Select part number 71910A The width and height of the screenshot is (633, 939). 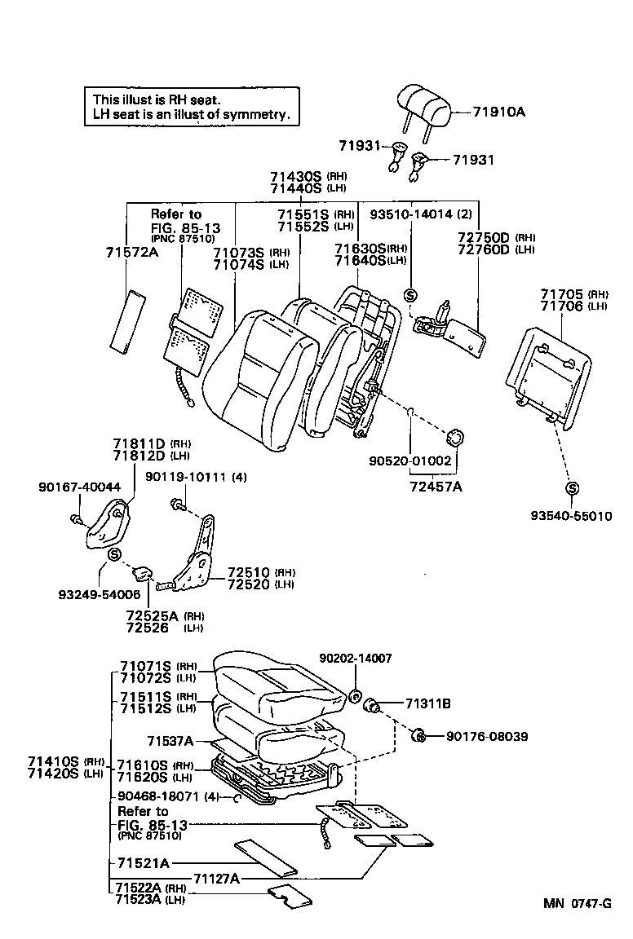[497, 112]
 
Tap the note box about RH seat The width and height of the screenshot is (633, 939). [191, 107]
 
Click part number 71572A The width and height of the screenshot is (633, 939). [131, 253]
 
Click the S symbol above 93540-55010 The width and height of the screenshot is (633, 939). [572, 488]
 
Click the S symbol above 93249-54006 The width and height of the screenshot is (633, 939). [113, 555]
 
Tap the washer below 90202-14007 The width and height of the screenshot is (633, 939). [356, 695]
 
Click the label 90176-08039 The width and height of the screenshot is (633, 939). [487, 736]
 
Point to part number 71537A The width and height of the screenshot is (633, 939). [170, 741]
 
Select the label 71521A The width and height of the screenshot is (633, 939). [143, 862]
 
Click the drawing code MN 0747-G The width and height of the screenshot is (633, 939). [578, 904]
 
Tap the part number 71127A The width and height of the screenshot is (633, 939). [216, 879]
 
